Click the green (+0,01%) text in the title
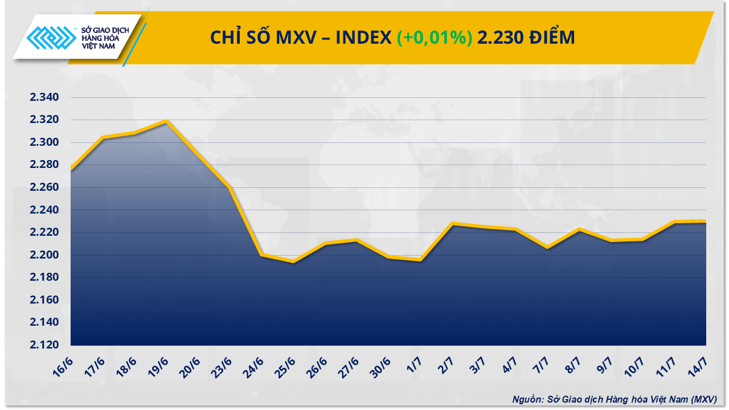[435, 38]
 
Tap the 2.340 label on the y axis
[45, 97]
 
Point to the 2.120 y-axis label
[45, 345]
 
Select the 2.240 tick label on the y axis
[45, 210]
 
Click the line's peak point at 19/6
[166, 121]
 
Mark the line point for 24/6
[261, 255]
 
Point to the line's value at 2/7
[452, 224]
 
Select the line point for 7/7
[547, 247]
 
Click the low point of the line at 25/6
[293, 261]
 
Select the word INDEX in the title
[363, 38]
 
